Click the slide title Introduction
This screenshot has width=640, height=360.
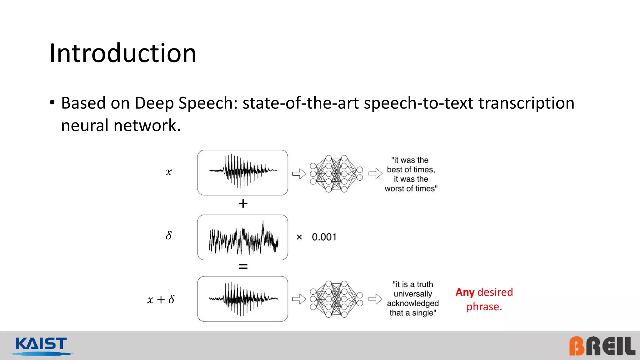coord(123,53)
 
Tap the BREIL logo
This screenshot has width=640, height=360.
coord(602,346)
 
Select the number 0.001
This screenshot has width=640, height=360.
coord(324,237)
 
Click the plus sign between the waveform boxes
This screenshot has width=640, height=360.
coord(243,204)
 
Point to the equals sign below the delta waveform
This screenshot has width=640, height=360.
coord(243,267)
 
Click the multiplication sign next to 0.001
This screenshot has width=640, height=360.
coord(299,237)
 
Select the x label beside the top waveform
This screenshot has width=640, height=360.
coord(169,172)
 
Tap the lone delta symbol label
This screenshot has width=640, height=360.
coord(169,235)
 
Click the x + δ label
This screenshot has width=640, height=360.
coord(161,299)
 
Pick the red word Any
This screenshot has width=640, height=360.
coord(465,292)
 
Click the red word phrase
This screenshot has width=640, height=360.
coord(484,307)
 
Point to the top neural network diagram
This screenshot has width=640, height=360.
coord(336,173)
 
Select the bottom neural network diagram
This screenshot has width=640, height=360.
coord(336,299)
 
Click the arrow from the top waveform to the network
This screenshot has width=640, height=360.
coord(299,174)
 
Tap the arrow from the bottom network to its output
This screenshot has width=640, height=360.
coord(375,299)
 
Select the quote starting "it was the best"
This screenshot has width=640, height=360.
coord(411,174)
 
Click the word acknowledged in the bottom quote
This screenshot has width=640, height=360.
coord(412,303)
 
